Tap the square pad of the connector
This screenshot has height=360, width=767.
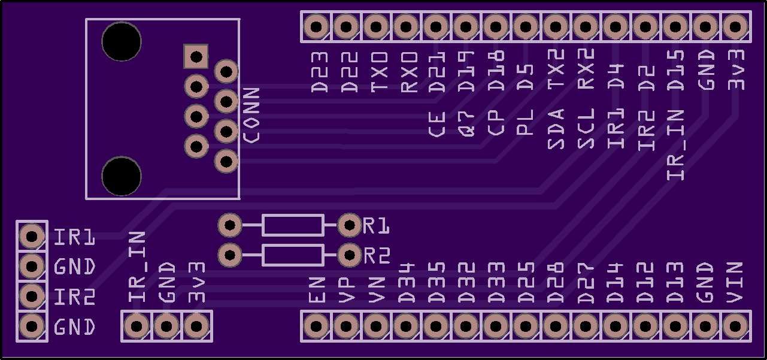(x=196, y=57)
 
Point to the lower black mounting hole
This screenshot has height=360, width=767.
(x=122, y=177)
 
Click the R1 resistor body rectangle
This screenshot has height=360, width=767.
(x=293, y=225)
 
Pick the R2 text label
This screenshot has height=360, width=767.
(x=377, y=256)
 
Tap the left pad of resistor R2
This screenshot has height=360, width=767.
(x=229, y=255)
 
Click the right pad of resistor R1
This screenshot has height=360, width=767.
(x=348, y=225)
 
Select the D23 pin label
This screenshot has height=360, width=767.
(x=320, y=71)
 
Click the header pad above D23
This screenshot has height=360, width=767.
(x=316, y=27)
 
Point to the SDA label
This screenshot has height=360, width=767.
(x=556, y=128)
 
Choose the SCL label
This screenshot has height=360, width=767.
(x=586, y=128)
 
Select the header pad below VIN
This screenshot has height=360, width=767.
(x=734, y=326)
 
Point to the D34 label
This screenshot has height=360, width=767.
(x=407, y=282)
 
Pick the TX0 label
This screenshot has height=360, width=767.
(x=379, y=71)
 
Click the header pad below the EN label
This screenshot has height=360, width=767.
(x=316, y=326)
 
